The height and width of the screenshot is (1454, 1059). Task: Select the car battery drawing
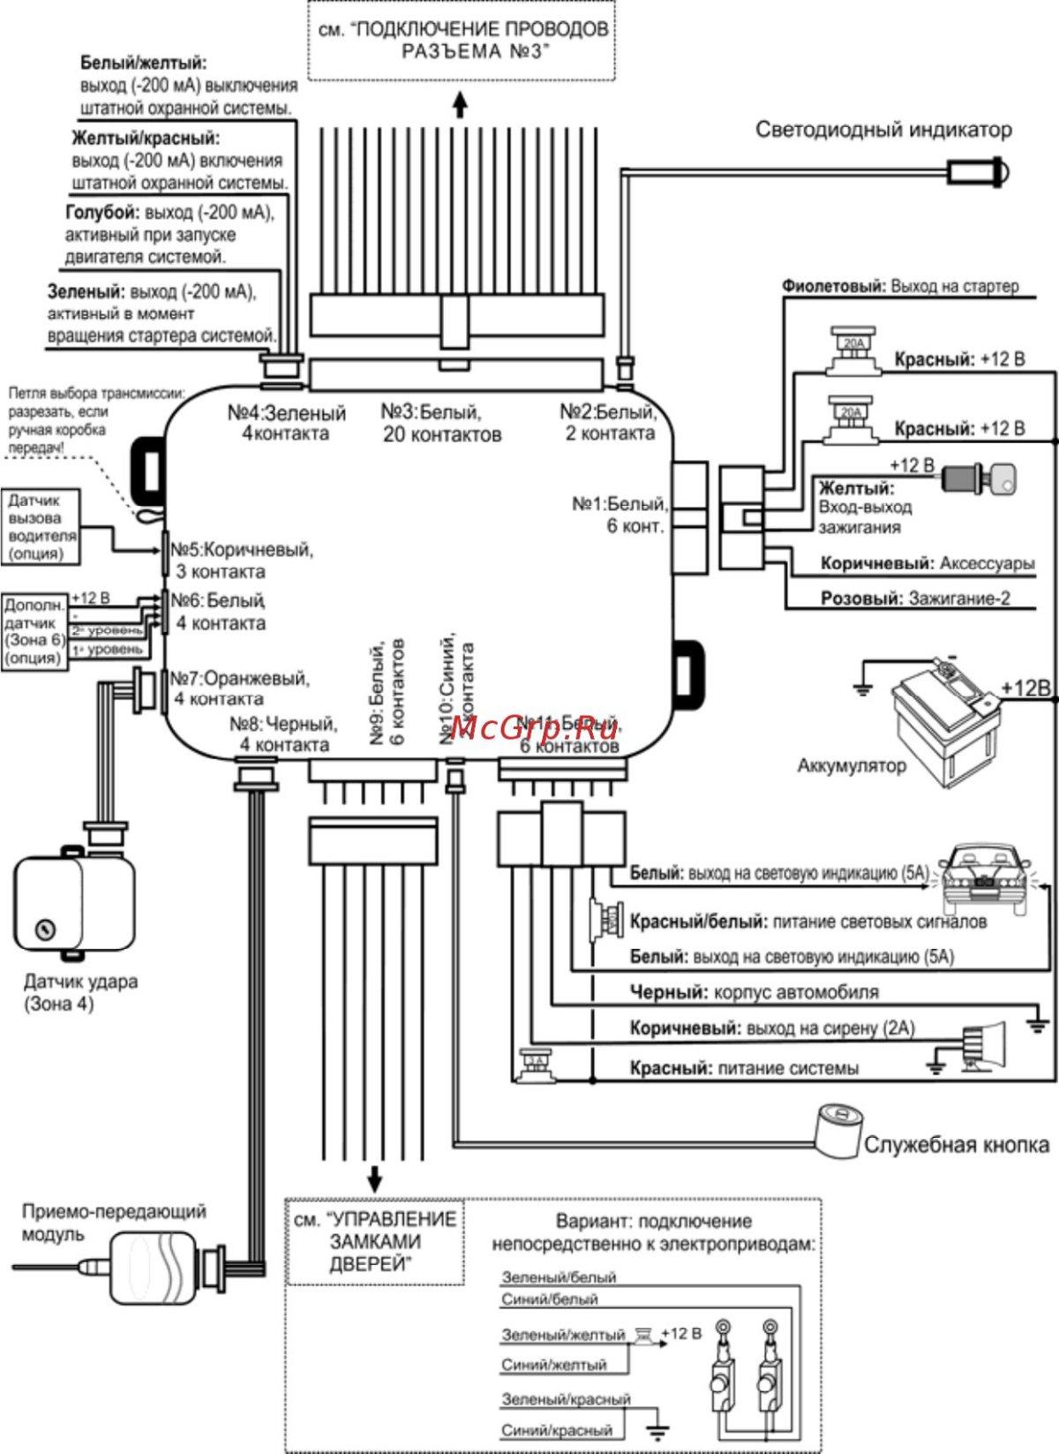tap(944, 720)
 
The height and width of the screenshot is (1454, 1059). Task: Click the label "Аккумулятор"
tap(852, 765)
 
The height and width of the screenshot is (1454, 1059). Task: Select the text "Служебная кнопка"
tap(957, 1145)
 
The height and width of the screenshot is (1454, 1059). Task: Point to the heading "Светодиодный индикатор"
tap(883, 130)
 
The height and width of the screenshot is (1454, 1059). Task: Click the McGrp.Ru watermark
tap(535, 728)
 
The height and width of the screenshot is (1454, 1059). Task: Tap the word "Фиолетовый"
tap(833, 287)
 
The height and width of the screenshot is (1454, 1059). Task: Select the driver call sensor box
tap(41, 527)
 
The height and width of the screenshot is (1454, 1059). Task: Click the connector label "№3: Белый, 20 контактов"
tap(441, 423)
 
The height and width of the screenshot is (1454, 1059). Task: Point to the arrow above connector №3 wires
tap(460, 105)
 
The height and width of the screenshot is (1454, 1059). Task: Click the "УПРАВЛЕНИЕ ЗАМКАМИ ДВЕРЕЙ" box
tap(375, 1241)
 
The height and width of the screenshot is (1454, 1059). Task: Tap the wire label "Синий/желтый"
tap(554, 1365)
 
